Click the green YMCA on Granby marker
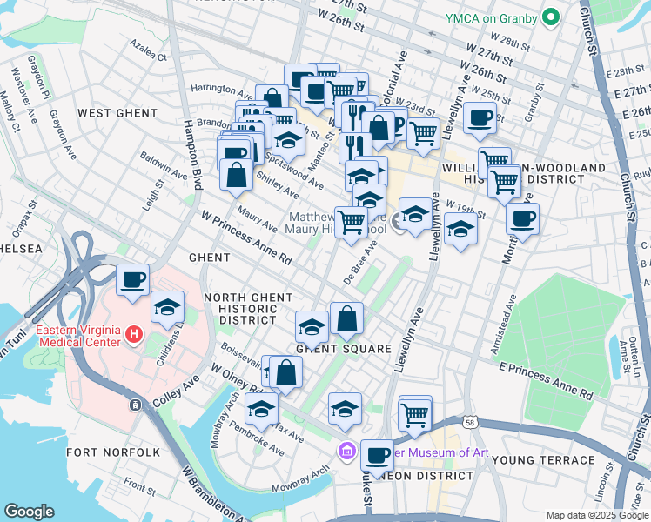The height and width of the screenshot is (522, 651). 550,17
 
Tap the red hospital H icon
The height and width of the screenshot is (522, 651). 133,333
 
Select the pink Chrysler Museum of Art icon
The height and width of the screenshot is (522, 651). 346,450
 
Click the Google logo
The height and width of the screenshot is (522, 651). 29,512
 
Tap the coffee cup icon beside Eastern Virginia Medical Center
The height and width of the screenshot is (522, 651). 133,280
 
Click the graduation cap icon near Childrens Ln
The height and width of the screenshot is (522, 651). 168,307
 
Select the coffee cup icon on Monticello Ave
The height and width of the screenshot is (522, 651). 522,219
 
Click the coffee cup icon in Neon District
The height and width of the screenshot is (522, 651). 377,455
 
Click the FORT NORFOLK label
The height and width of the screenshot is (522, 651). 113,452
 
